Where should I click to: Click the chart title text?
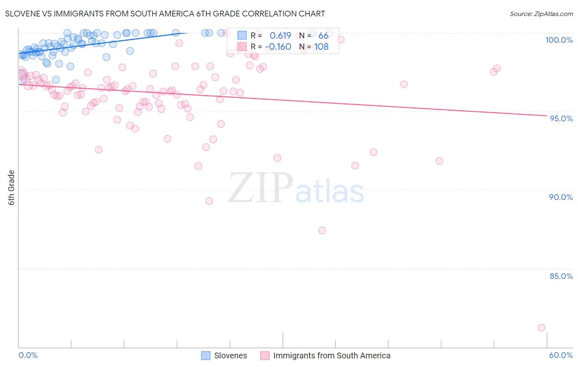click(165, 14)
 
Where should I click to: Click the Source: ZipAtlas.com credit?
click(541, 14)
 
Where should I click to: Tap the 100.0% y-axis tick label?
click(559, 40)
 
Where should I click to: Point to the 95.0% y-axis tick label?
click(561, 118)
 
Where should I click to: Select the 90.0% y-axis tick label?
click(561, 197)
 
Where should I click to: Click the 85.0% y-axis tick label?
click(561, 276)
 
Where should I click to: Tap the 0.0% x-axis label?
click(28, 355)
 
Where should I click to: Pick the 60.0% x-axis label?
click(560, 355)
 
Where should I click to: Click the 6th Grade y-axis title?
click(12, 187)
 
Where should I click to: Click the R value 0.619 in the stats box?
click(280, 36)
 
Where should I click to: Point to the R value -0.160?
click(278, 47)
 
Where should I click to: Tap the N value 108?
click(321, 47)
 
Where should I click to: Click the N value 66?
click(323, 36)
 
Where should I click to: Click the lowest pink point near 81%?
click(541, 328)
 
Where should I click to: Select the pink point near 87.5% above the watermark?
click(322, 230)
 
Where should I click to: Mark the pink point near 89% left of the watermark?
click(209, 201)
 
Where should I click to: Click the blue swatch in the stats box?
click(242, 35)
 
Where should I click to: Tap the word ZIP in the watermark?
click(260, 188)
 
